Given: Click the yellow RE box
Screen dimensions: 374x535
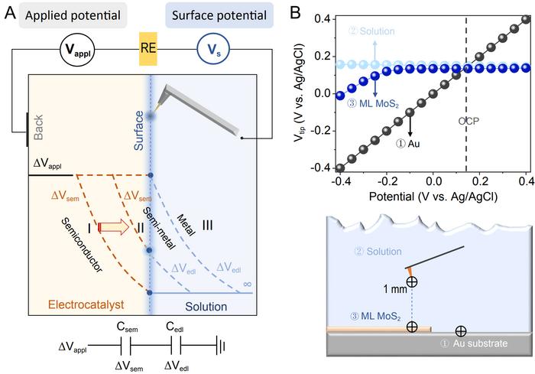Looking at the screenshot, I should click(x=149, y=51).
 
